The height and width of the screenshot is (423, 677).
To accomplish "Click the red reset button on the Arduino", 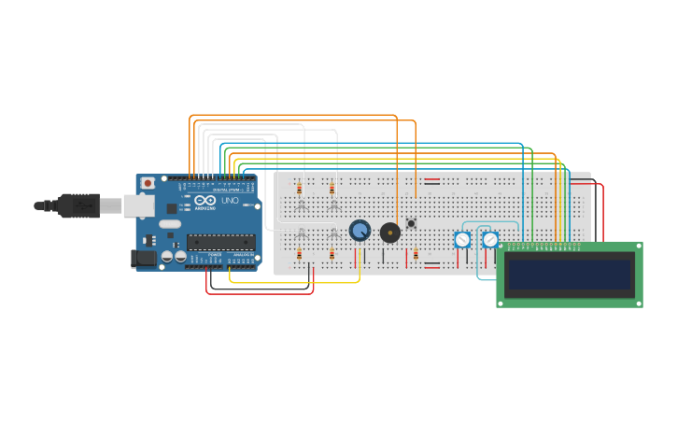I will tap(148, 183).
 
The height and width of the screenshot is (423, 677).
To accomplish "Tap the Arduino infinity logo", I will tap(205, 201).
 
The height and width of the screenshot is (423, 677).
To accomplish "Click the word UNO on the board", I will tap(230, 201).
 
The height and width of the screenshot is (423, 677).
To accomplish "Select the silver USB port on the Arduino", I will tap(138, 205).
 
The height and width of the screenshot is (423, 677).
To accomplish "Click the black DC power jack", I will tap(143, 259).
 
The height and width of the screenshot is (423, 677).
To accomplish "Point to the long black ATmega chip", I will tap(220, 242).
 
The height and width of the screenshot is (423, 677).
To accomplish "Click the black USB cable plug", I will tap(78, 204).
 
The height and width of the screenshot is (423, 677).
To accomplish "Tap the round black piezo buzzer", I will tap(390, 232).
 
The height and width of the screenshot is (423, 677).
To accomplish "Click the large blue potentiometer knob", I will tap(360, 230).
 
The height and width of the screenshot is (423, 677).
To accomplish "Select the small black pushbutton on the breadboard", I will tap(411, 223).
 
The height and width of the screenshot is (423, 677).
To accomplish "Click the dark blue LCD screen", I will tap(569, 275).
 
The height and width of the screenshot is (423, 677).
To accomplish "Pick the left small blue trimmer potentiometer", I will tap(462, 240).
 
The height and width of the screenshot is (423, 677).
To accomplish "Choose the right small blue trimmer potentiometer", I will tap(490, 240).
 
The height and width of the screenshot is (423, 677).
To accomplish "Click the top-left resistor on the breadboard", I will tap(300, 188).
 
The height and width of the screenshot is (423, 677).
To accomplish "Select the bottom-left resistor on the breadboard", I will tap(300, 253).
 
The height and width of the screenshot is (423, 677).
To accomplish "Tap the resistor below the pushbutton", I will tap(416, 253).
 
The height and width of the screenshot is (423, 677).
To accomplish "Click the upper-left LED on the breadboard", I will tap(301, 204).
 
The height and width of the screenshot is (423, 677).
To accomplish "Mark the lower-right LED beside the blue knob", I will tap(333, 233).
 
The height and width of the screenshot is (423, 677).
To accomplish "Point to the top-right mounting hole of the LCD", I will tap(637, 248).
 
